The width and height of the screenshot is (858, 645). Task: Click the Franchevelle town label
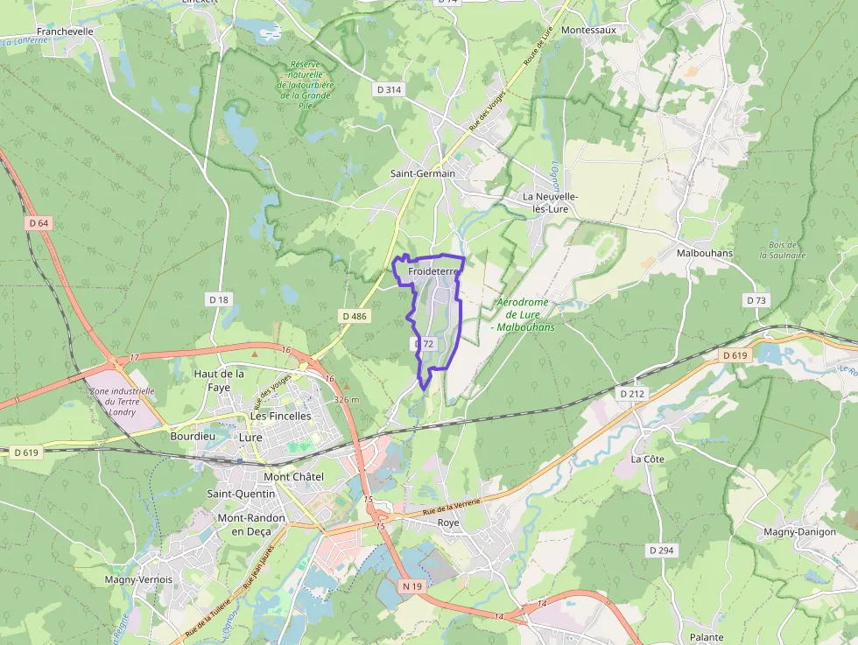65,31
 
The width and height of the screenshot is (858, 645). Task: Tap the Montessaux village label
588,30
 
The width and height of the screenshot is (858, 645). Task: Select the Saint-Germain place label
423,173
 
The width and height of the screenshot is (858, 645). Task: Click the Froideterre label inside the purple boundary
433,272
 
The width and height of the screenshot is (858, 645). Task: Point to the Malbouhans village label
705,253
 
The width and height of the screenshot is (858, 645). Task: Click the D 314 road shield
389,89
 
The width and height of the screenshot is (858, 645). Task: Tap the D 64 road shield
39,223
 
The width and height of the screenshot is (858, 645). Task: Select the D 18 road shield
219,299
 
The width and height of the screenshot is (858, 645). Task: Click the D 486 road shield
355,316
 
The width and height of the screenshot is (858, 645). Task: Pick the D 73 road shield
756,300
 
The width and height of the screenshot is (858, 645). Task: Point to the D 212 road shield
632,394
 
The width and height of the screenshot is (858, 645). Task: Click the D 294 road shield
662,550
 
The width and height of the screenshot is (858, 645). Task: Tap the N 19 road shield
412,585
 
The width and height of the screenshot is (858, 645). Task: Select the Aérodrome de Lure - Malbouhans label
524,314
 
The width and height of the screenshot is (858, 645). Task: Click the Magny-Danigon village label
799,531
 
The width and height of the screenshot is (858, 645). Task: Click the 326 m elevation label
347,399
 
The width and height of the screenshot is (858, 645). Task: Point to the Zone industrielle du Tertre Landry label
123,402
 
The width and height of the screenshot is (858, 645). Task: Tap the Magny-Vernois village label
138,579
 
